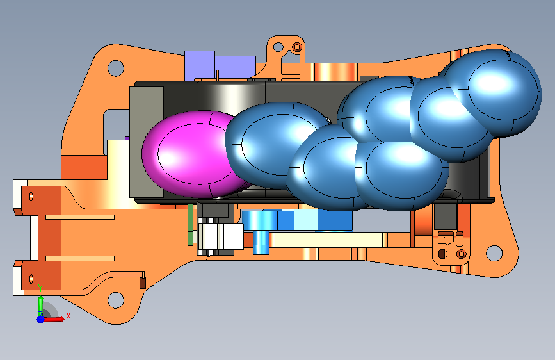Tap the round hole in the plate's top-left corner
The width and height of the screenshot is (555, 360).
[116, 68]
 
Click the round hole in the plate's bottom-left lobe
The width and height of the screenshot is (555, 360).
[116, 300]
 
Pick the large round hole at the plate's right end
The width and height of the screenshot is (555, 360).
[494, 254]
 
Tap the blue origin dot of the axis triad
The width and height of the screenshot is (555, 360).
[41, 319]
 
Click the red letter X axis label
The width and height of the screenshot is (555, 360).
[68, 316]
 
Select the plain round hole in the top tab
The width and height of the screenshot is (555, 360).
[278, 47]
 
